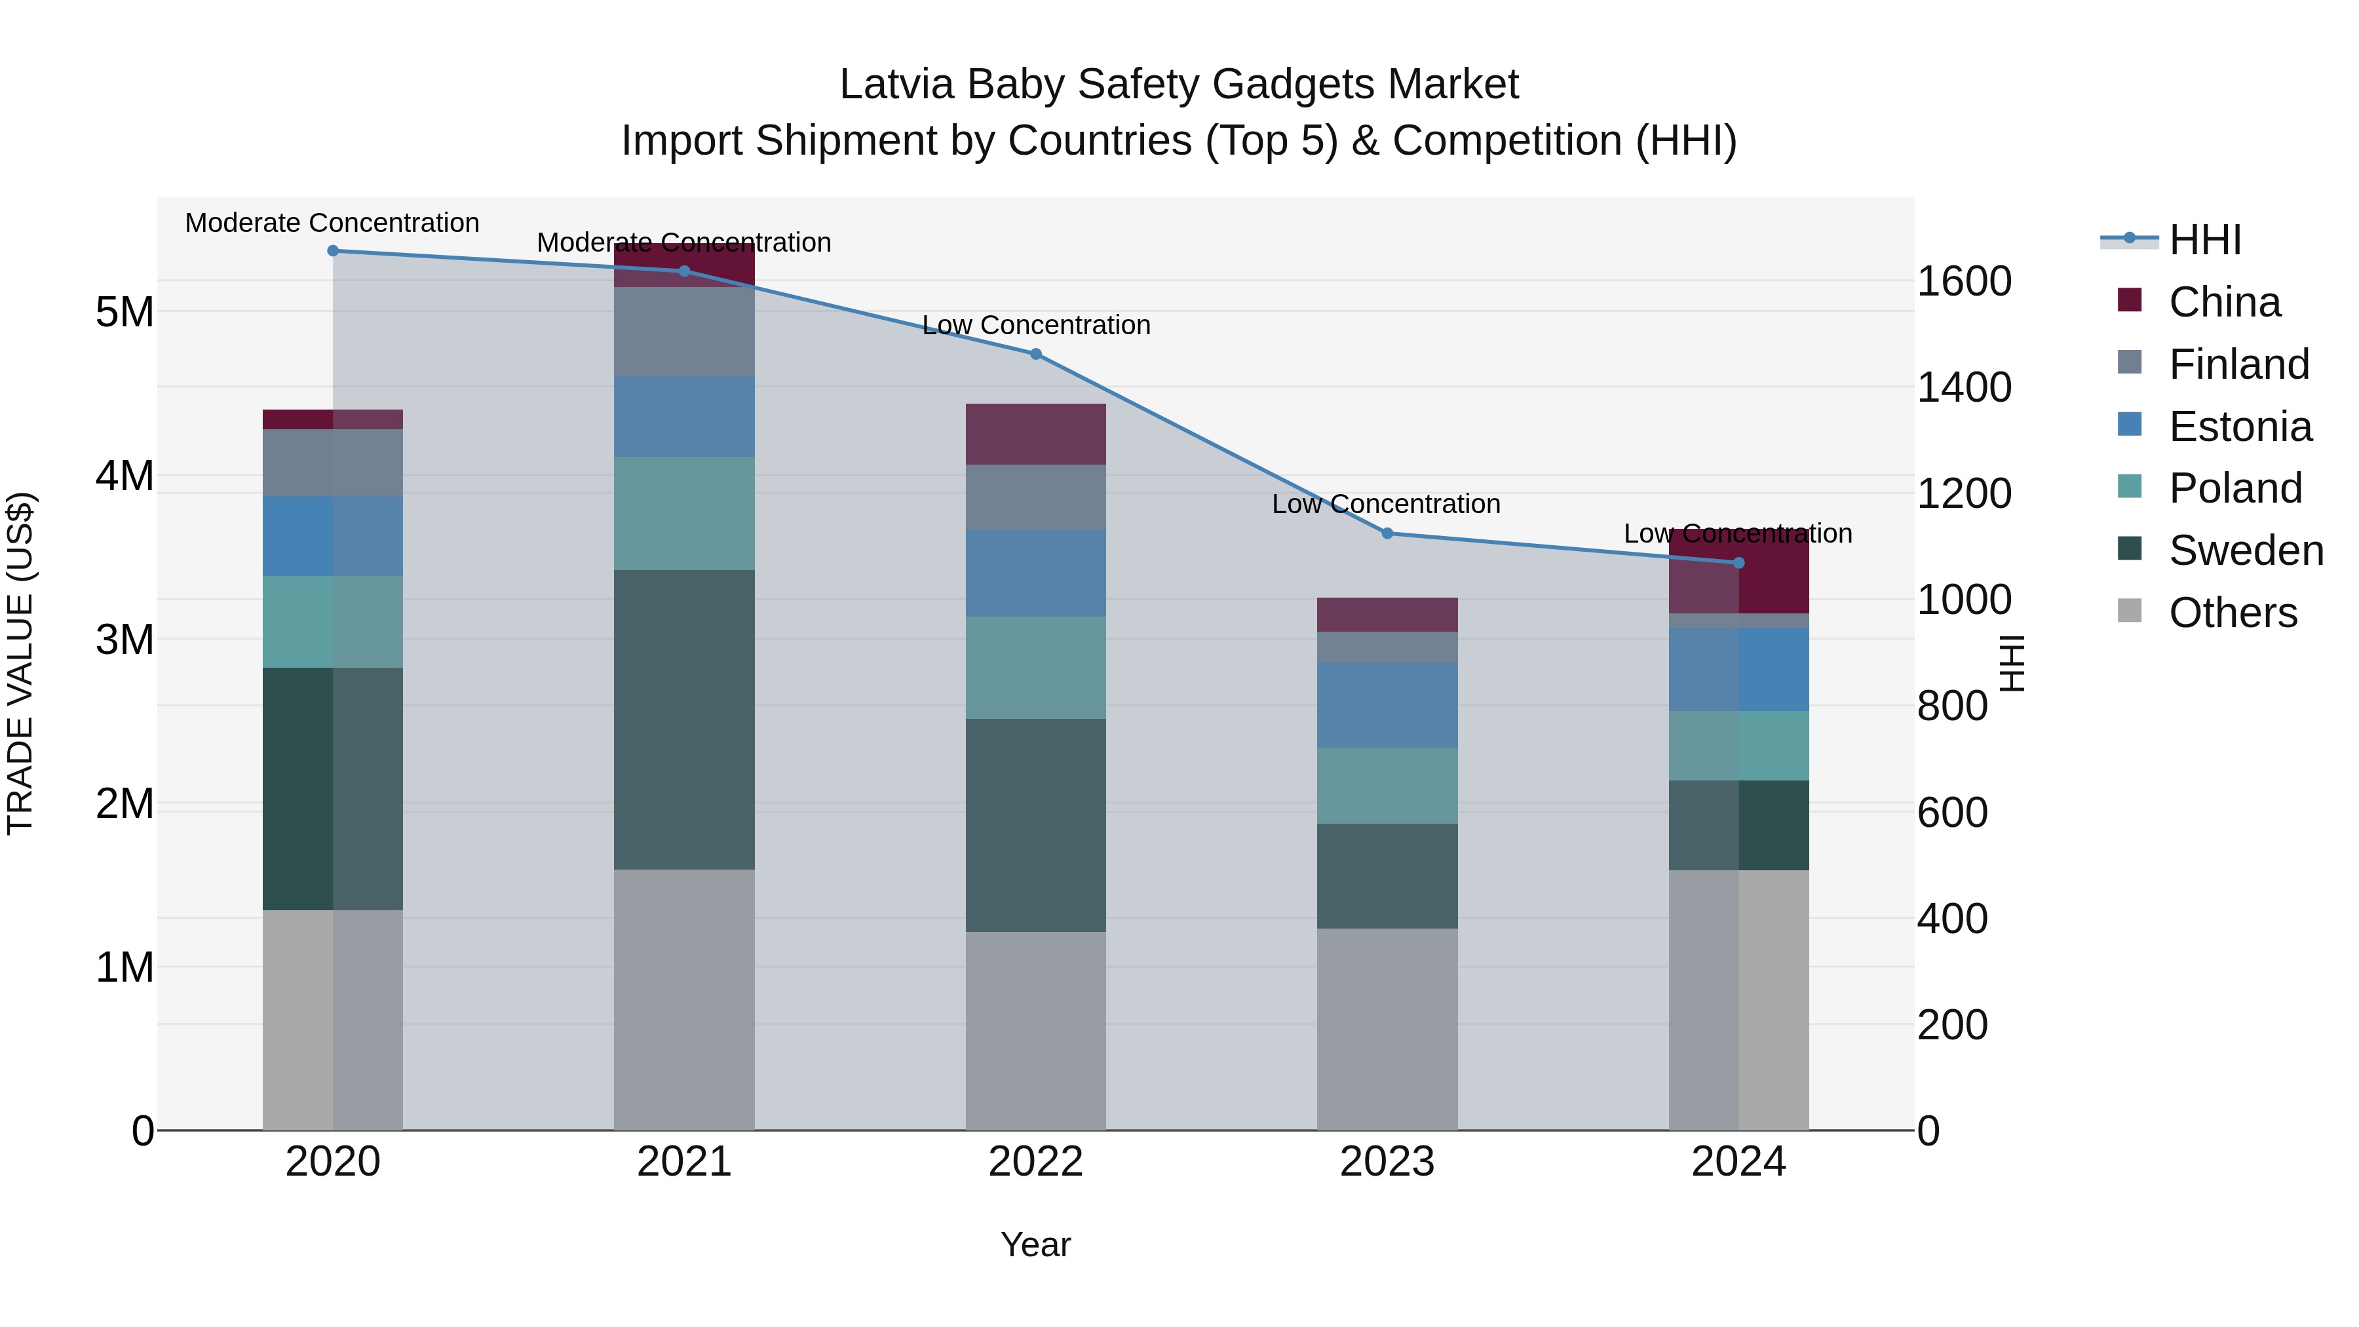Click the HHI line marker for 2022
click(1036, 353)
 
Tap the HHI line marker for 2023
click(1387, 533)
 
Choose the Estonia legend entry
click(2239, 427)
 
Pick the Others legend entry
click(2232, 613)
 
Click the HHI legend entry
click(2204, 240)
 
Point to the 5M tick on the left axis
click(125, 313)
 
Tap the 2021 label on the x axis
click(684, 1162)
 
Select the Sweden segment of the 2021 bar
click(684, 719)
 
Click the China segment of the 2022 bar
click(1036, 434)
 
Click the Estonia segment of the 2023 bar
click(1387, 704)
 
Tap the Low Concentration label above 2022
click(1036, 325)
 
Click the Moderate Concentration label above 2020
click(332, 223)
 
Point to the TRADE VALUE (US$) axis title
click(20, 663)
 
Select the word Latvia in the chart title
click(898, 85)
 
